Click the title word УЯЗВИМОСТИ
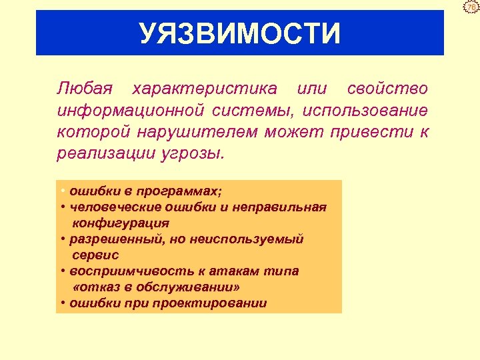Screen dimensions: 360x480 (x=240, y=33)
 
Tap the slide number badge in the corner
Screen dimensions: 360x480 (x=472, y=7)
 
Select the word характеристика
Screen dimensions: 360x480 (x=205, y=89)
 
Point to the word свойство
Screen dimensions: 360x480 (x=387, y=89)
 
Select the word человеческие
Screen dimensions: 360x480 (x=109, y=207)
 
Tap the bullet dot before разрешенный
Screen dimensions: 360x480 (x=61, y=239)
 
